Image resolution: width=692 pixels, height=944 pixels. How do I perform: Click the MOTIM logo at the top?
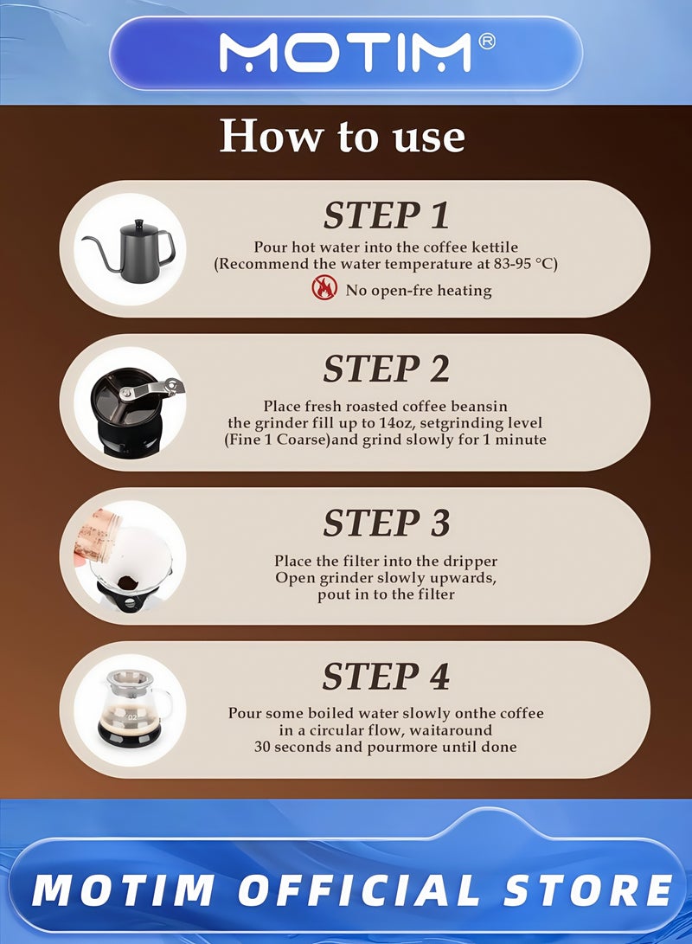345,53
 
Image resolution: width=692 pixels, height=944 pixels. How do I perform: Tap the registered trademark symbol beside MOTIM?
486,41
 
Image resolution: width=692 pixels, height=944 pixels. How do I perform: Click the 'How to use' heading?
342,136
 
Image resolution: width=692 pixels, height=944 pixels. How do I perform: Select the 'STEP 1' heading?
386,215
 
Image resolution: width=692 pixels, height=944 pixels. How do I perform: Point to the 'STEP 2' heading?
386,369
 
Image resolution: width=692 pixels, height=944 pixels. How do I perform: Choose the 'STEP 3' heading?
386,523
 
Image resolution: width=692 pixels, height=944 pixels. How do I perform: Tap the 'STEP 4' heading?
386,676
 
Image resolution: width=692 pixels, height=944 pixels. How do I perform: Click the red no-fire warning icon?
324,288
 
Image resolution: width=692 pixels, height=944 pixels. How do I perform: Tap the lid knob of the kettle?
139,222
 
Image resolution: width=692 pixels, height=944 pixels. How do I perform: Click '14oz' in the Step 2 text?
394,422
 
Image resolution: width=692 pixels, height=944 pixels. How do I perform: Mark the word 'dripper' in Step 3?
471,562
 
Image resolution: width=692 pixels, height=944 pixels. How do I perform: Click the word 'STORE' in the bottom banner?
587,889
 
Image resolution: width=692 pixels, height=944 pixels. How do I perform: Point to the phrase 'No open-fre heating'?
418,291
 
